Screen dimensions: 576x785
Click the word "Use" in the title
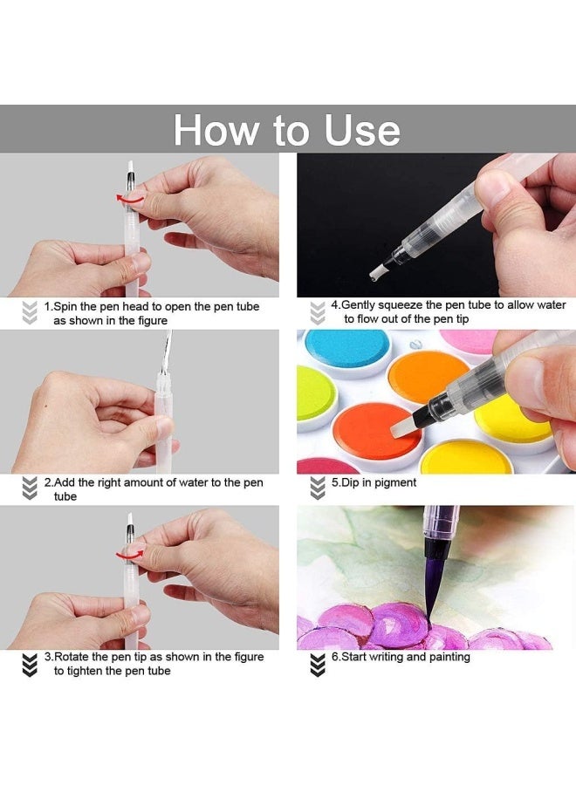click(362, 130)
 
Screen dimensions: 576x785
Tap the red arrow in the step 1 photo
click(130, 199)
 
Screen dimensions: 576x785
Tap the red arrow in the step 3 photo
click(130, 553)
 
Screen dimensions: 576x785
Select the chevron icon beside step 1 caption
click(30, 312)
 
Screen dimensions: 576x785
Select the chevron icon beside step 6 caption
click(318, 665)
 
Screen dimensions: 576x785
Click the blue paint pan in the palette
click(347, 351)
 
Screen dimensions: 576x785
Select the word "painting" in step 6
click(449, 657)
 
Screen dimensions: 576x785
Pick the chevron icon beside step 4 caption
click(318, 312)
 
